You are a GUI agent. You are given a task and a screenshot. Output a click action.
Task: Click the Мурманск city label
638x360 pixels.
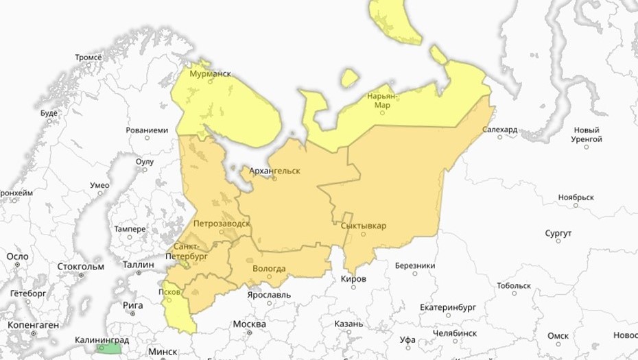210,73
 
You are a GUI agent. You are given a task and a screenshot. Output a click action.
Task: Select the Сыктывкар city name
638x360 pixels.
363,225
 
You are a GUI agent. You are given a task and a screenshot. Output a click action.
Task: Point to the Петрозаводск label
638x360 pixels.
222,224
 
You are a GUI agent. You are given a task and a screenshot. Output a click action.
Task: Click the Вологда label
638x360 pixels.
269,268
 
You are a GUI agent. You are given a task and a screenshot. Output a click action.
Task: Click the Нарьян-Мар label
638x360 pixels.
382,100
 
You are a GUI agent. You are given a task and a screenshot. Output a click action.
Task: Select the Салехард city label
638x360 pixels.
499,129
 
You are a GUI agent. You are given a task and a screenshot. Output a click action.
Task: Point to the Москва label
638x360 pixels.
249,324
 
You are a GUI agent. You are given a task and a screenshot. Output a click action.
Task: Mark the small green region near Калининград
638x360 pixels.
108,348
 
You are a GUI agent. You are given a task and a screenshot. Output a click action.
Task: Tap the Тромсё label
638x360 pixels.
88,58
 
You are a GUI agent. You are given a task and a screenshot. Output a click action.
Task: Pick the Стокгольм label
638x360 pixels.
81,266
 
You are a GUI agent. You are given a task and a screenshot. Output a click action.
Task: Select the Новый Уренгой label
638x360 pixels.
587,134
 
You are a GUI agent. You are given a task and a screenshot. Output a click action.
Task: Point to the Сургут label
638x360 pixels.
558,234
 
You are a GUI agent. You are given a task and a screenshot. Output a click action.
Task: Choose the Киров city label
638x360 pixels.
353,279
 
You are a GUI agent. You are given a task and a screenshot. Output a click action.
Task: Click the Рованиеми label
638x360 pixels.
147,130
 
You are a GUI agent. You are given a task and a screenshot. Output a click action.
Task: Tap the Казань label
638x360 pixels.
348,324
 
